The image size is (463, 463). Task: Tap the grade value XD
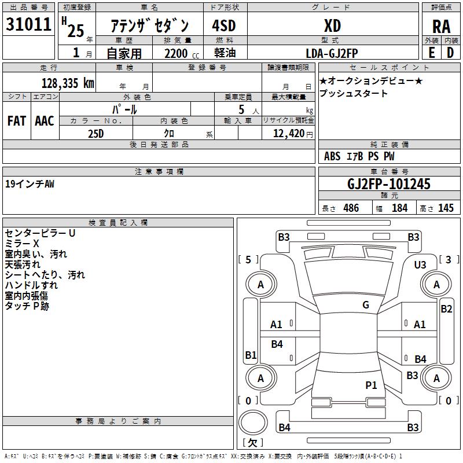pyautogui.click(x=332, y=25)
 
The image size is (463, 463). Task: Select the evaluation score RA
pyautogui.click(x=441, y=26)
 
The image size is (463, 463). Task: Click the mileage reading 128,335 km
pyautogui.click(x=68, y=83)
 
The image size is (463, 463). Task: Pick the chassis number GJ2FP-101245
pyautogui.click(x=389, y=184)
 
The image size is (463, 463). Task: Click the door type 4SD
pyautogui.click(x=224, y=26)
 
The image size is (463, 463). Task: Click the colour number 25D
pyautogui.click(x=95, y=134)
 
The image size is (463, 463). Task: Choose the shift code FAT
pyautogui.click(x=16, y=121)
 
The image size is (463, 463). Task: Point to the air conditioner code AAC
pyautogui.click(x=44, y=121)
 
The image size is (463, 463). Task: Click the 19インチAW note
pyautogui.click(x=30, y=183)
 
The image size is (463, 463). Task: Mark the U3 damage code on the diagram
pyautogui.click(x=420, y=264)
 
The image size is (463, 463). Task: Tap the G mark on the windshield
pyautogui.click(x=366, y=304)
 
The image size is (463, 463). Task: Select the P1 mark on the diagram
pyautogui.click(x=371, y=385)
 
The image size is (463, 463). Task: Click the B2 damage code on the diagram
pyautogui.click(x=446, y=309)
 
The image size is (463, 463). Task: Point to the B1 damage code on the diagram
pyautogui.click(x=251, y=355)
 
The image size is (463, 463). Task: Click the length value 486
pyautogui.click(x=351, y=208)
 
